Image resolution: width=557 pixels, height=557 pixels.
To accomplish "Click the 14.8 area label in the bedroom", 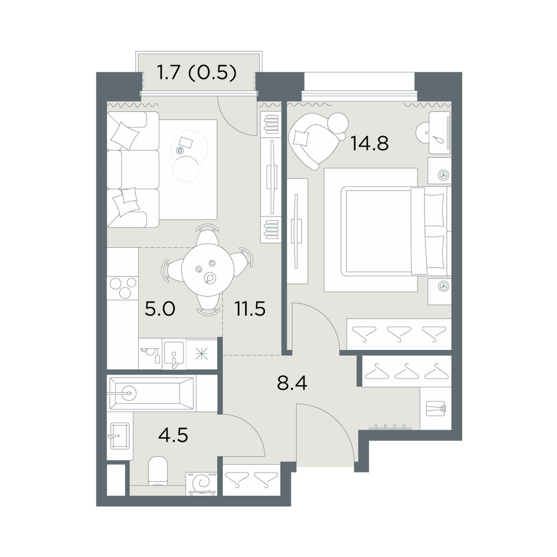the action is tap(369, 144).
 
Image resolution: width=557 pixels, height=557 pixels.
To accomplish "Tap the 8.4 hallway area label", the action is tap(292, 383).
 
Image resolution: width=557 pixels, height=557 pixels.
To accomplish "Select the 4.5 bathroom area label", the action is tap(173, 435).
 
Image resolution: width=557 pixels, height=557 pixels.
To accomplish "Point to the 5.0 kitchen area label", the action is tap(160, 309).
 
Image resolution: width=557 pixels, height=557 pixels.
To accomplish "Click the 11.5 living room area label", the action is tap(250, 309).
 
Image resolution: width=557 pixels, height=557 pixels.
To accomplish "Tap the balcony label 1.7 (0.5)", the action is tap(197, 74).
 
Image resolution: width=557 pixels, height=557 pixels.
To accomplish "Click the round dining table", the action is tap(207, 269).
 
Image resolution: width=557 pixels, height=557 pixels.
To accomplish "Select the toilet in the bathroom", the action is tap(158, 471).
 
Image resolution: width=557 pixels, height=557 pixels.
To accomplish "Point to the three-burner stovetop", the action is tap(123, 287).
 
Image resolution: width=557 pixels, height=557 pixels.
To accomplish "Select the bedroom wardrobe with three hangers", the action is tap(399, 334).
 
